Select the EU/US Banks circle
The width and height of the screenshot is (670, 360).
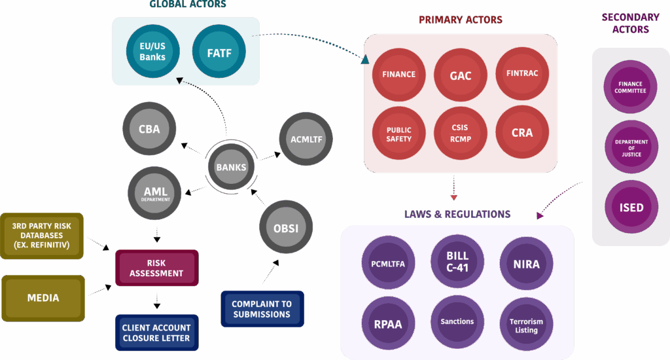[x=152, y=52]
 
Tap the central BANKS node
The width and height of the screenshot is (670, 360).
[x=231, y=167]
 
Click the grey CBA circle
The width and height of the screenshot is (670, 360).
[x=149, y=129]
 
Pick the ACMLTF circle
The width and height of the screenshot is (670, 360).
[x=306, y=139]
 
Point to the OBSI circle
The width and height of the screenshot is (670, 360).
[x=286, y=228]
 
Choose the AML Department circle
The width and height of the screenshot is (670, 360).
[x=156, y=192]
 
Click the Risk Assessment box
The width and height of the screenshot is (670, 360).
[x=156, y=268]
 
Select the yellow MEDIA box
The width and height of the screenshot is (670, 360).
[x=43, y=298]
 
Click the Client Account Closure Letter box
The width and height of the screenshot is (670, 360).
[x=156, y=333]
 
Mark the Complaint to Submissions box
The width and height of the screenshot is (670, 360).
[x=262, y=309]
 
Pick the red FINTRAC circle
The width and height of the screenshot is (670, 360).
[x=522, y=73]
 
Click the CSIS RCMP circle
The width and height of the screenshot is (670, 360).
[x=460, y=132]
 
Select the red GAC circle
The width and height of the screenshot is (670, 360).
[x=460, y=75]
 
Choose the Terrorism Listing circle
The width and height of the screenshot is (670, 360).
[x=526, y=325]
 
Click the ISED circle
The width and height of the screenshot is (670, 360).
[x=631, y=207]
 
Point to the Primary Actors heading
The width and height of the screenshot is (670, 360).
[x=461, y=20]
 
